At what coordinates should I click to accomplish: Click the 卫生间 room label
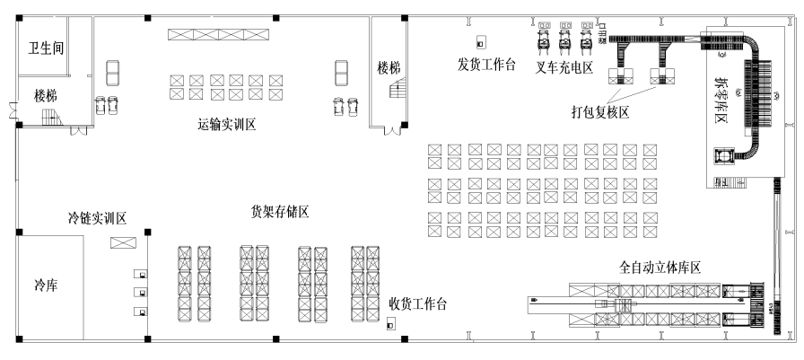46,47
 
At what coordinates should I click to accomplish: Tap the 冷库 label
46,286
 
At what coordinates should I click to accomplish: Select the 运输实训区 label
227,125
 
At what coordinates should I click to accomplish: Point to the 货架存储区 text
280,212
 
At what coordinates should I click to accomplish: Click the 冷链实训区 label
97,218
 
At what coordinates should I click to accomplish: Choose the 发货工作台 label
486,65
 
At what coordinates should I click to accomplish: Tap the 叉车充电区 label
564,67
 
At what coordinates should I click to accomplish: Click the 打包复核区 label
601,111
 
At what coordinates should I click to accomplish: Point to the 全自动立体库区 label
660,267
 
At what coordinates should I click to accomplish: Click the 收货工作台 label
417,303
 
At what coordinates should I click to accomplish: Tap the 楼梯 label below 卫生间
46,93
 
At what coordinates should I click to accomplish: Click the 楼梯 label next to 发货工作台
389,67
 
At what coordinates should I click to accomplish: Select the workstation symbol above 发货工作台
481,41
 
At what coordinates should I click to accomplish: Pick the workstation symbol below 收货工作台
390,325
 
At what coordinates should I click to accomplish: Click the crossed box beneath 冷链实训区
123,242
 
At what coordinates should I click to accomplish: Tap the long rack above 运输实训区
218,34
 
